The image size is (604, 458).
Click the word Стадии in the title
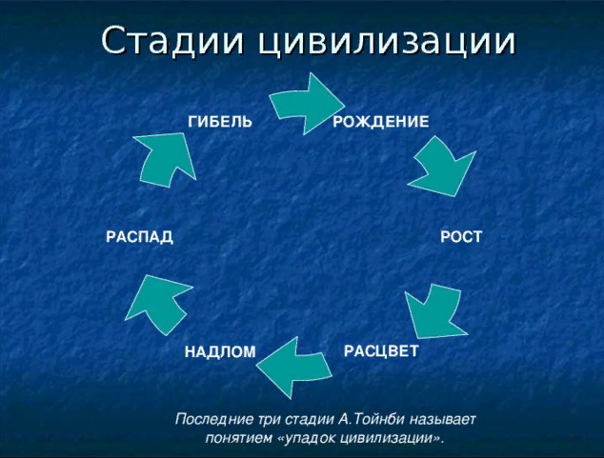click(173, 41)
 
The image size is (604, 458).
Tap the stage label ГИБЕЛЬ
click(220, 122)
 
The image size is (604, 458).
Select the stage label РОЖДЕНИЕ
click(380, 122)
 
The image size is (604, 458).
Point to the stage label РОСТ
click(461, 237)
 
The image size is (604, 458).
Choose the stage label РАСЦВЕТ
click(381, 351)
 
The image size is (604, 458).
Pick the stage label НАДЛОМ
click(220, 351)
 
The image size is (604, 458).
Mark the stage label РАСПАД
click(139, 237)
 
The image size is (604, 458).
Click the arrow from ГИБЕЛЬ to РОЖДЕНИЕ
click(308, 104)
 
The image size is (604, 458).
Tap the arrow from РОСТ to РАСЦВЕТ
click(435, 311)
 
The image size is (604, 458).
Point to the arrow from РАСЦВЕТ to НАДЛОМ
click(293, 368)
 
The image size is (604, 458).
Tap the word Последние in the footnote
click(214, 420)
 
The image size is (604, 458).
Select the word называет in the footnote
click(443, 420)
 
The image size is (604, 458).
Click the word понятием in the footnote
click(238, 438)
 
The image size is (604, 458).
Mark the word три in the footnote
click(270, 420)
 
